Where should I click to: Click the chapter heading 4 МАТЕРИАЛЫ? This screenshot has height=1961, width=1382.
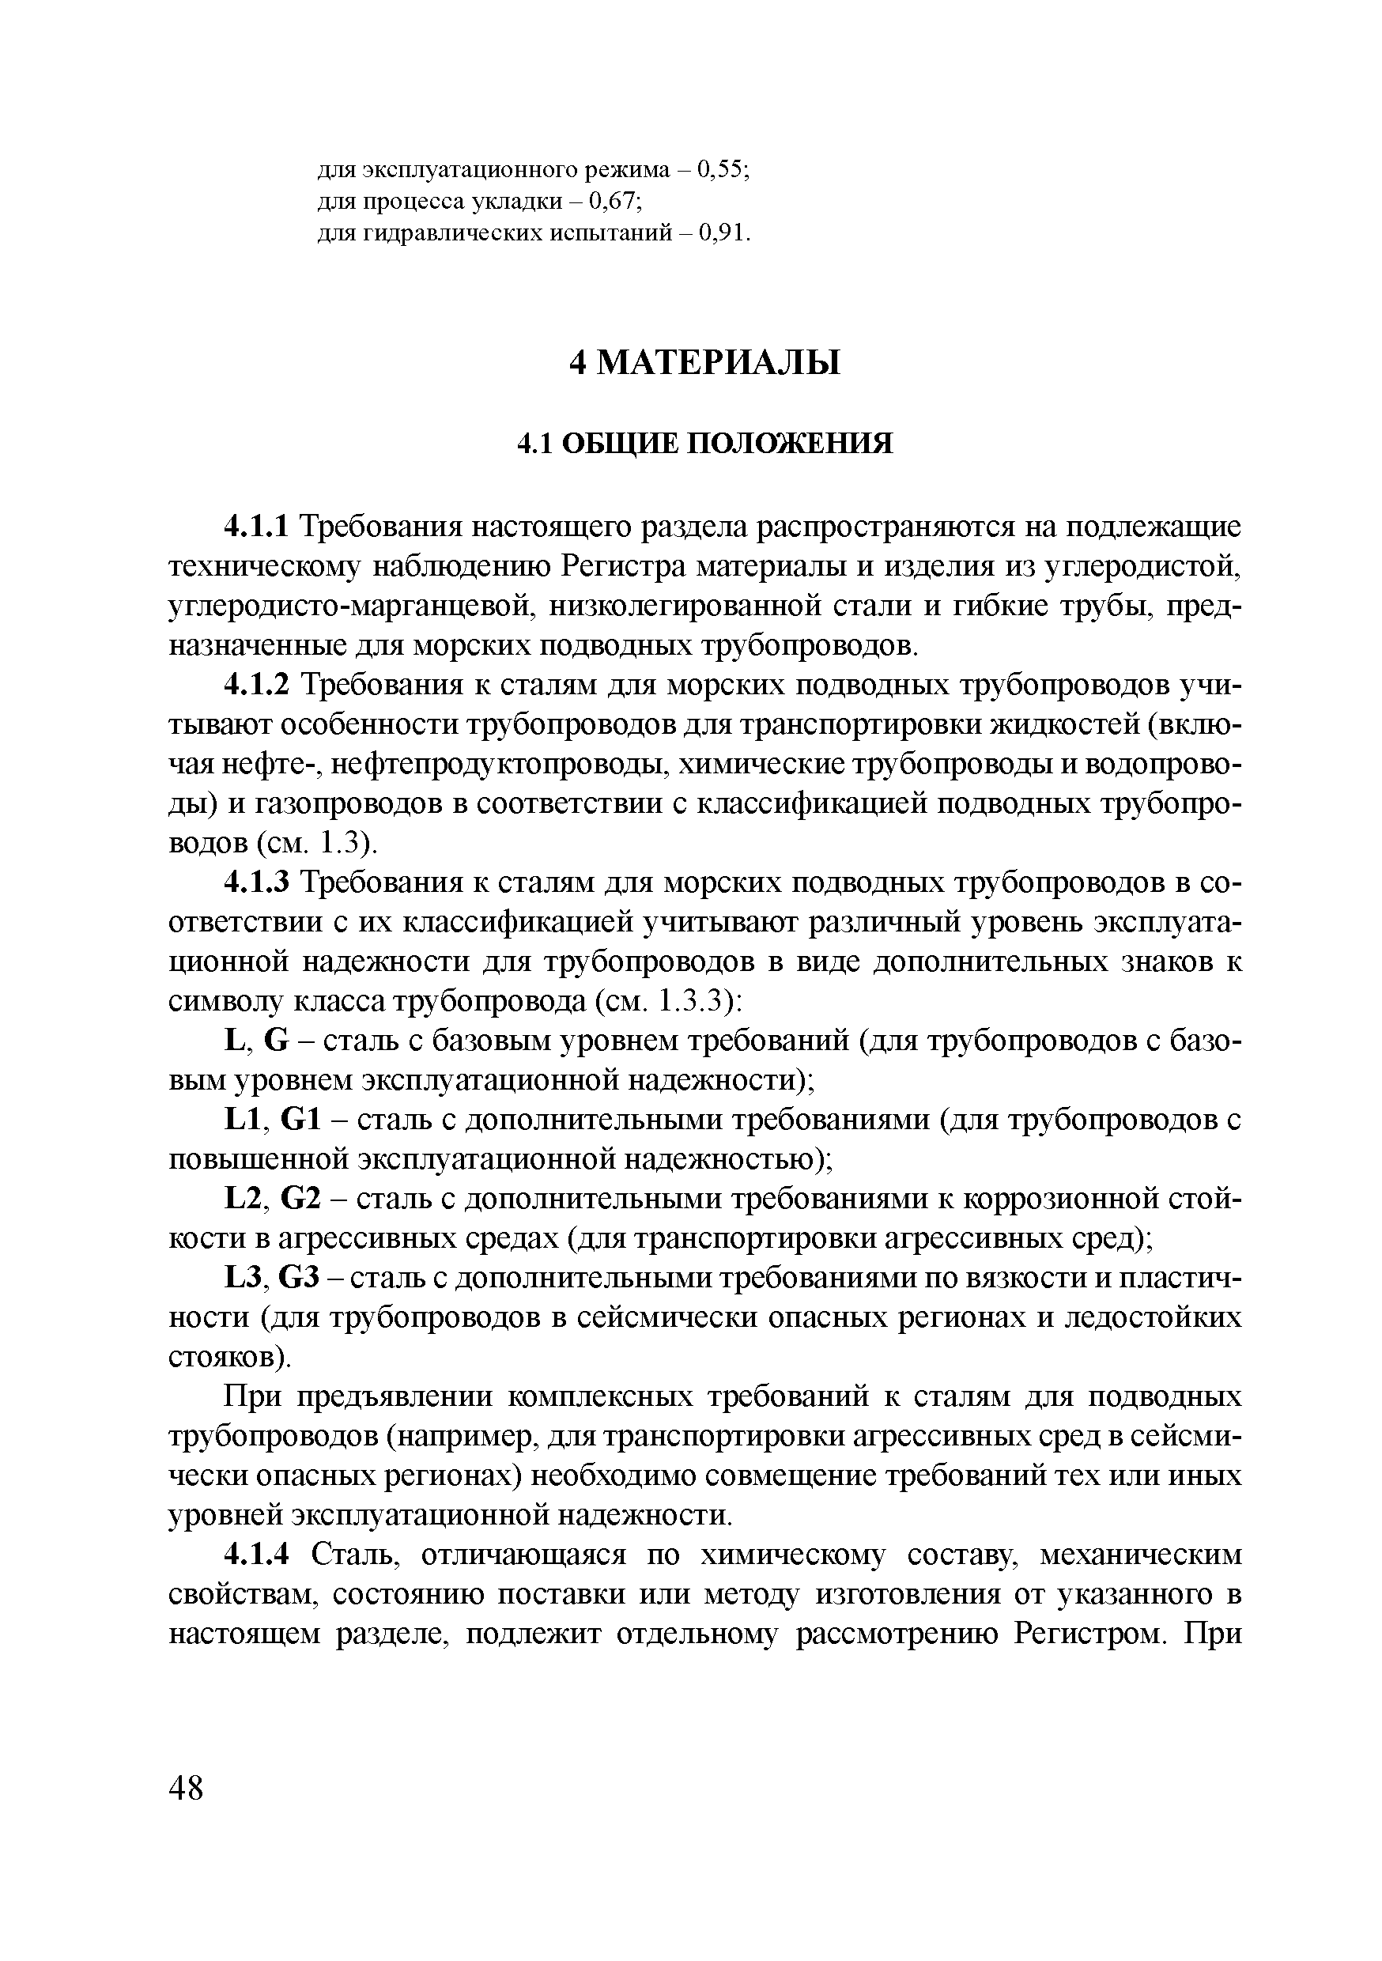704,363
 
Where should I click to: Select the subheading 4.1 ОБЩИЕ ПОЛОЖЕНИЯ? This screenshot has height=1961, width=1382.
705,444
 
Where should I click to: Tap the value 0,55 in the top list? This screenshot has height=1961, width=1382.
722,170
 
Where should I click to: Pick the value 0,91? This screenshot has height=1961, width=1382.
723,233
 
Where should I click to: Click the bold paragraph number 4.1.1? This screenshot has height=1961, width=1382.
257,527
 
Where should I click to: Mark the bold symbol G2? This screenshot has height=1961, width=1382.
300,1200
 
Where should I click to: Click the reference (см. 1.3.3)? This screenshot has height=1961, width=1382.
667,1001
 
